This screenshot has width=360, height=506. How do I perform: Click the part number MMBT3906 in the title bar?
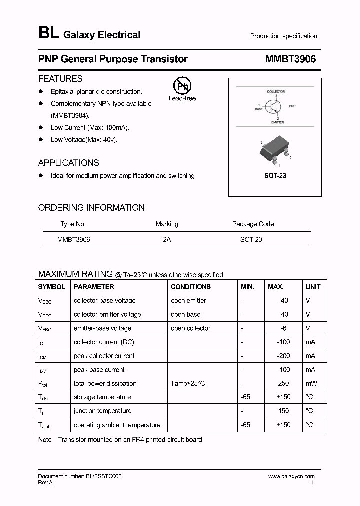click(290, 59)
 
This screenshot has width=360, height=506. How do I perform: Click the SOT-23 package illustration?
click(275, 151)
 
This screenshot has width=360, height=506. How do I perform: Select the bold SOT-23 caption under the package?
click(275, 176)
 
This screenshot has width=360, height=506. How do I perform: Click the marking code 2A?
click(167, 239)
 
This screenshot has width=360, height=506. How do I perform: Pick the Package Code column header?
click(253, 224)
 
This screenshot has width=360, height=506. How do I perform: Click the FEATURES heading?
click(60, 79)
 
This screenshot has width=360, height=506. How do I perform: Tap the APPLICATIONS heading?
click(68, 163)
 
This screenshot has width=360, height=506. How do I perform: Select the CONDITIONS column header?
click(190, 287)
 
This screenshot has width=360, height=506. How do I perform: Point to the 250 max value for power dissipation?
click(284, 383)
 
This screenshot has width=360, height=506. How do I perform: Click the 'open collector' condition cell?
click(190, 328)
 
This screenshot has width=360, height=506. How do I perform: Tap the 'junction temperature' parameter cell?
click(102, 411)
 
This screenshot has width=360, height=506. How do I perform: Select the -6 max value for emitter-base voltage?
click(283, 328)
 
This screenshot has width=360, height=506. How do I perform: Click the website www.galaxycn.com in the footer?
click(291, 476)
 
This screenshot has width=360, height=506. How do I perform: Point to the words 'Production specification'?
click(283, 36)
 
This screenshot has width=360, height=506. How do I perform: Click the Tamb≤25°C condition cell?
click(188, 383)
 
